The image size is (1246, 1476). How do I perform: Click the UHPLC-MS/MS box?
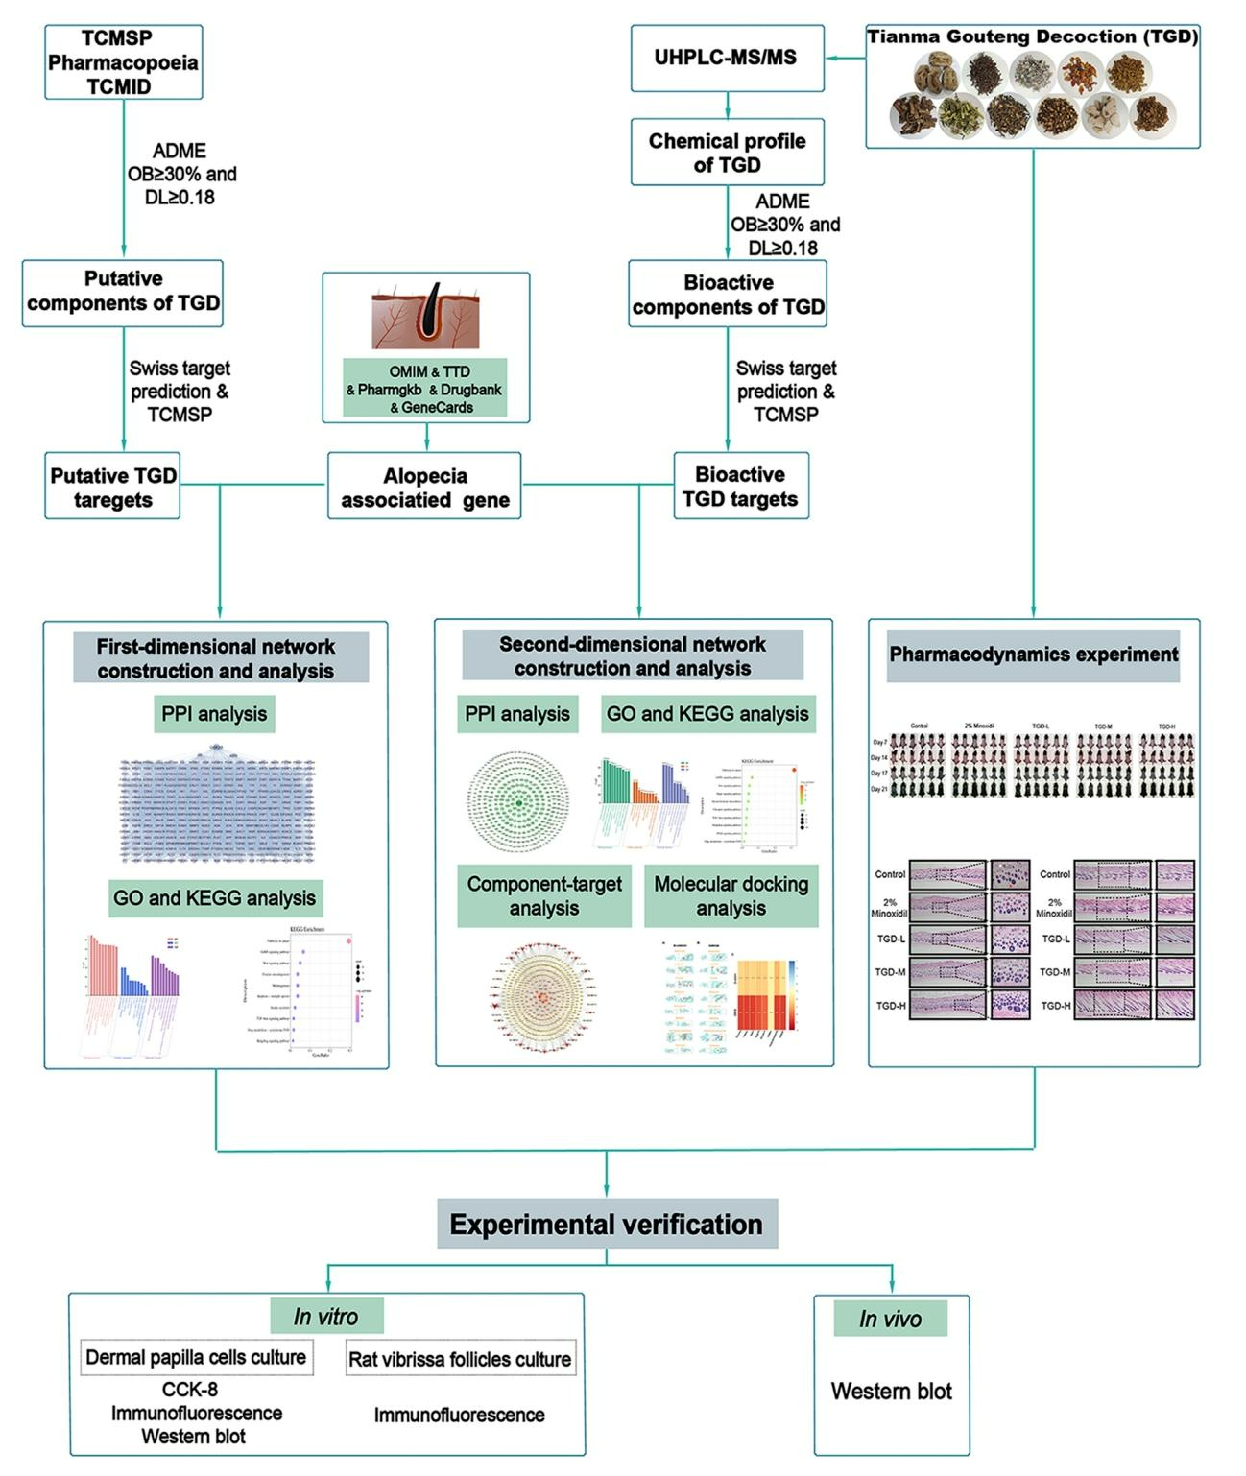727,58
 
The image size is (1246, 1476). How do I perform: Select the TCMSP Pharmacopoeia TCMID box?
123,62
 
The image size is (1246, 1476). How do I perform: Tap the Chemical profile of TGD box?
727,153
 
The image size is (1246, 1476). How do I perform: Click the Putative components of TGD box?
123,292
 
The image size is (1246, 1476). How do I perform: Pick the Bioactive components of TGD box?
728,295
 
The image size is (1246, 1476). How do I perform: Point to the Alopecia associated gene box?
424,487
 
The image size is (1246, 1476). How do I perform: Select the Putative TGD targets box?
112,488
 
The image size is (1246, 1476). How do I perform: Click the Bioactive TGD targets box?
740,487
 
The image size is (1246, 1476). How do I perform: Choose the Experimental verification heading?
606,1225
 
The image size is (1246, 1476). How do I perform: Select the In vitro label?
325,1317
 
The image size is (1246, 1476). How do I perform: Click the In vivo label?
890,1319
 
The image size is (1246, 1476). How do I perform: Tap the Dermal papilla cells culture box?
196,1357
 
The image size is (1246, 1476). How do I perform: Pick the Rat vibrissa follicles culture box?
460,1359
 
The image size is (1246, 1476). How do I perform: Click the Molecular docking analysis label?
731,896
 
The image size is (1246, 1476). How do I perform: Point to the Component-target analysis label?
544,896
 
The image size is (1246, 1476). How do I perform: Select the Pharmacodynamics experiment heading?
1033,655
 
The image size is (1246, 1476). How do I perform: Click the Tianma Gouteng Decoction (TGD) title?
1033,37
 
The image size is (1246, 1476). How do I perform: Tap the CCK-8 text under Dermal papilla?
190,1389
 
